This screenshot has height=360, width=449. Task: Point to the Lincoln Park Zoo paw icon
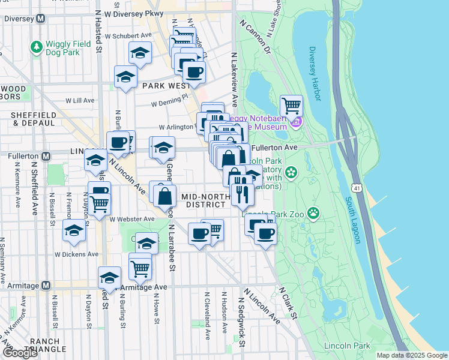click(313, 212)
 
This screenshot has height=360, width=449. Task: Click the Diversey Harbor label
click(315, 72)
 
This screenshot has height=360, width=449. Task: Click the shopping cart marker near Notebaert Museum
click(291, 106)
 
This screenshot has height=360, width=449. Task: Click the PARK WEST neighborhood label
click(166, 86)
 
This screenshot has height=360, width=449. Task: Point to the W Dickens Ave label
click(76, 254)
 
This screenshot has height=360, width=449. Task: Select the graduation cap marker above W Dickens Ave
click(74, 230)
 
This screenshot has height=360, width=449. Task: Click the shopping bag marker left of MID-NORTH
click(164, 196)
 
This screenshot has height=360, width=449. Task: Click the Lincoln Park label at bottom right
click(347, 346)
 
